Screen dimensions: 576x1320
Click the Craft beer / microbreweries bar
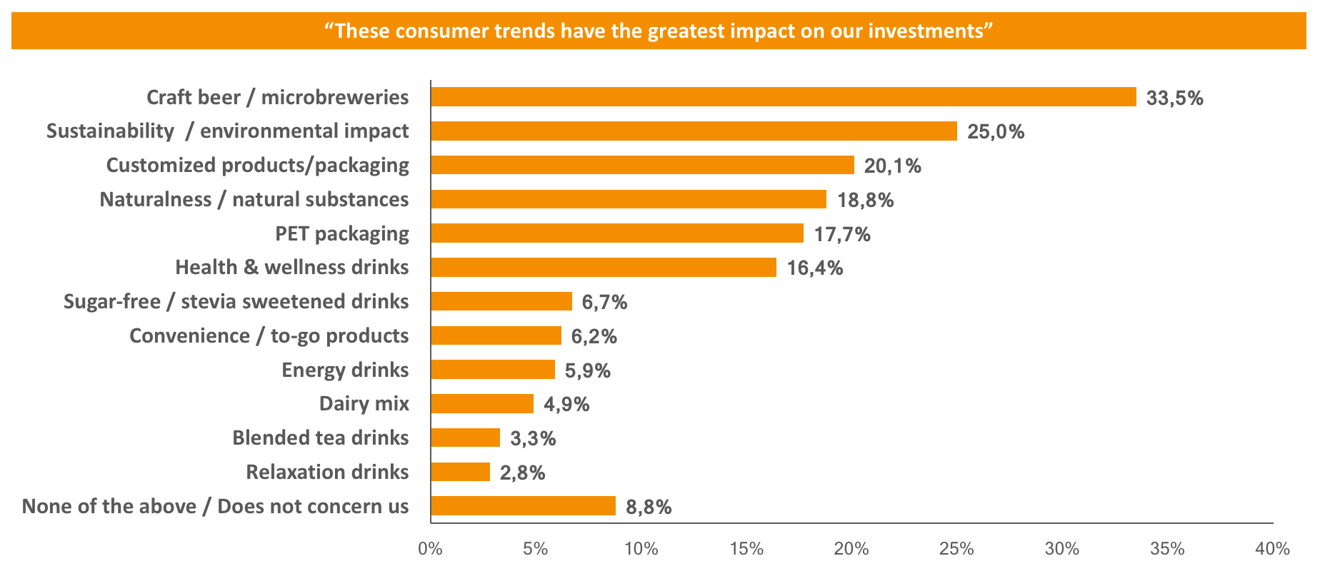coord(783,97)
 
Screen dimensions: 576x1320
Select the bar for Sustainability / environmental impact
coord(694,131)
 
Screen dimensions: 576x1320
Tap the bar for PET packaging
coord(617,233)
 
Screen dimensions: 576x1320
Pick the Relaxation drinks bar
coord(461,472)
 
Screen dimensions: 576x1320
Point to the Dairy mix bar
coord(482,404)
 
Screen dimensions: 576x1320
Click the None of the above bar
coord(523,506)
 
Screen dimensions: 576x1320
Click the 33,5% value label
coord(1174,98)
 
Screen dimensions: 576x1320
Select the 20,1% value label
coord(892,166)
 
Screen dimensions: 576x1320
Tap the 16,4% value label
coord(814,268)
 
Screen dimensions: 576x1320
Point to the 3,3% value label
coord(532,438)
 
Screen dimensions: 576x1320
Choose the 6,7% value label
coord(604,303)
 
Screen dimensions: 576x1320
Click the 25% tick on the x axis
coord(956,549)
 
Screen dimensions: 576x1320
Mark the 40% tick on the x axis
coord(1272,549)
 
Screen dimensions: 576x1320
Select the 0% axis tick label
coord(430,549)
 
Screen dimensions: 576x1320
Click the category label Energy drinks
coord(345,370)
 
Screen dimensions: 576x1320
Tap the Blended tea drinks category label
coord(320,438)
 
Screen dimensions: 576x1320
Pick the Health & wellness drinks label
coord(291,267)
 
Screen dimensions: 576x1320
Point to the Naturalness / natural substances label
coord(254,199)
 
